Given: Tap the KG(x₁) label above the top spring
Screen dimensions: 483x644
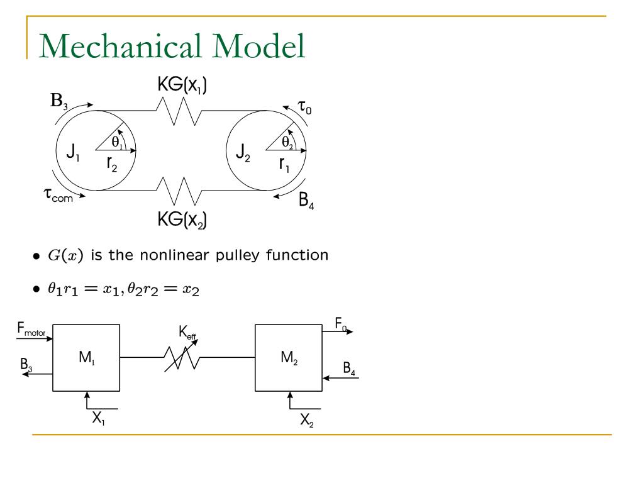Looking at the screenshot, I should (x=183, y=86).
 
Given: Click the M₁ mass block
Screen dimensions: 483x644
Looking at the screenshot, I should (x=87, y=358).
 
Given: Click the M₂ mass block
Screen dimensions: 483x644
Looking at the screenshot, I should (x=289, y=358).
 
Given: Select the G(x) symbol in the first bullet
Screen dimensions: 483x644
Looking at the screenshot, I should (x=62, y=255).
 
